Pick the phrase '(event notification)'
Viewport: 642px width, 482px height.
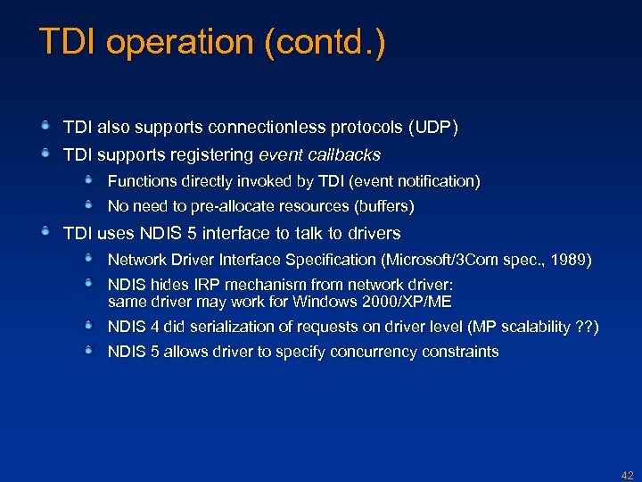[415, 181]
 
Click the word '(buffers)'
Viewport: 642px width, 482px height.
[385, 207]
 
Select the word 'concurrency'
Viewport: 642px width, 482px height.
[372, 352]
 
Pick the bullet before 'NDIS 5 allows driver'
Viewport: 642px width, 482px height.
[90, 351]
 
